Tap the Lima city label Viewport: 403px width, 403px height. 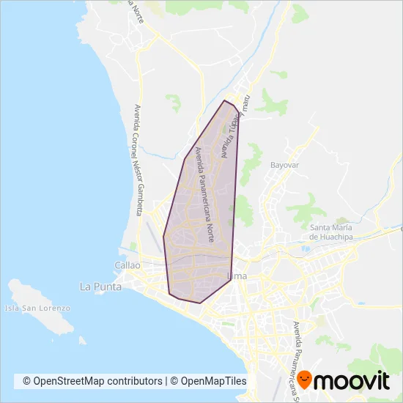tap(237, 276)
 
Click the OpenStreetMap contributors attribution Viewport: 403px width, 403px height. tap(92, 381)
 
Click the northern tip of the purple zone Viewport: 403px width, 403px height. tap(224, 100)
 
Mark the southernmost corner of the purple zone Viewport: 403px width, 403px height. tap(199, 303)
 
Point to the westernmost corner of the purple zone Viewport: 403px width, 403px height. tap(163, 236)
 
